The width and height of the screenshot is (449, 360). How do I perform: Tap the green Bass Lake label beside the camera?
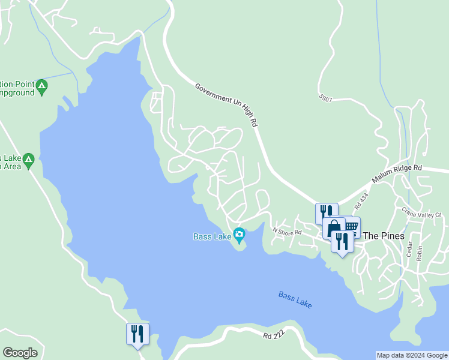[212, 236]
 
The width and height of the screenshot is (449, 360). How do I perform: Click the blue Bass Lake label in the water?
[295, 299]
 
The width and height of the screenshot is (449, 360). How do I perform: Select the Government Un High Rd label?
[226, 105]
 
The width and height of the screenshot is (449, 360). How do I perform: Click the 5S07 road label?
[326, 97]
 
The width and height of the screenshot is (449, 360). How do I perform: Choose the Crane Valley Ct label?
[421, 213]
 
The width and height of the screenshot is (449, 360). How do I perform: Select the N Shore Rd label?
[286, 231]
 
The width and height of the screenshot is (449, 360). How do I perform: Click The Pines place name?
[384, 236]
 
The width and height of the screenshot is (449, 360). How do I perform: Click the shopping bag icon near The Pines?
[334, 227]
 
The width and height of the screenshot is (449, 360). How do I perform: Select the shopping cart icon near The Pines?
[352, 226]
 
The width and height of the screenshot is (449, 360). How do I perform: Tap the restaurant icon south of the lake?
[137, 334]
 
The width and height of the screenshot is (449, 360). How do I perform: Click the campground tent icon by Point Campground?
[41, 88]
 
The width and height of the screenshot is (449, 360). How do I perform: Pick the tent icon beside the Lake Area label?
[28, 161]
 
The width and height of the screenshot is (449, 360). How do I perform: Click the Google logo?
[20, 353]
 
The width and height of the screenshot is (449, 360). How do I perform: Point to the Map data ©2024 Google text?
[411, 355]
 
